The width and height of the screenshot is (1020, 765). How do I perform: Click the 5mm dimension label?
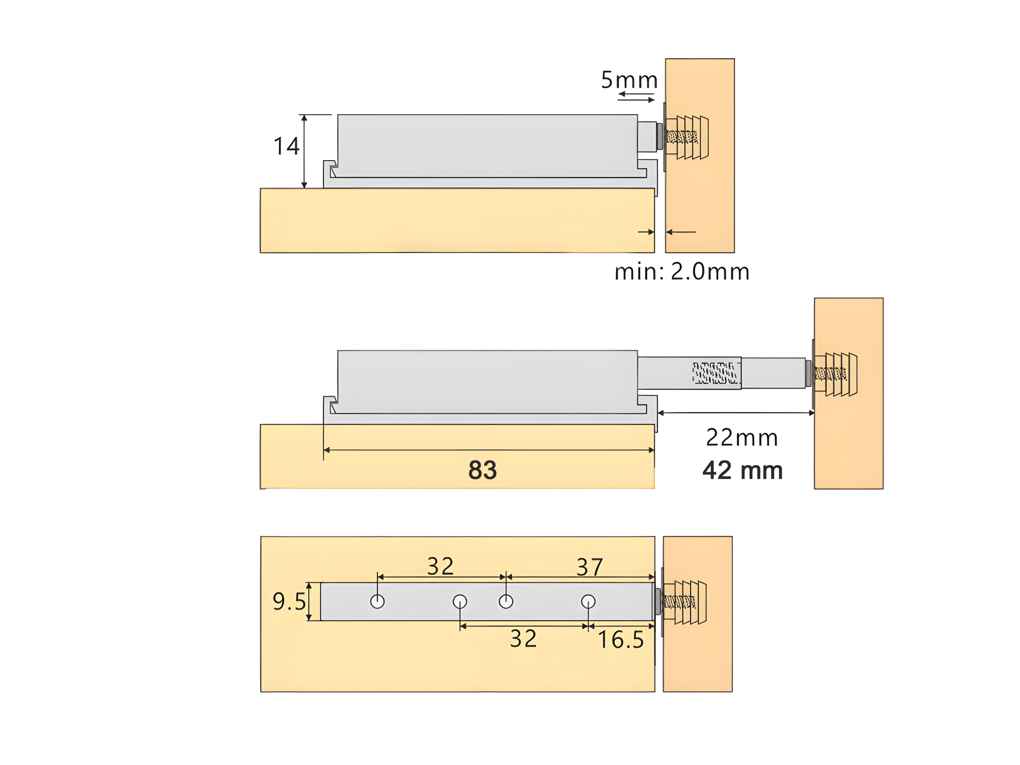point(629,80)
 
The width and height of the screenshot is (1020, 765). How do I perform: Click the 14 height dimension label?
point(286,146)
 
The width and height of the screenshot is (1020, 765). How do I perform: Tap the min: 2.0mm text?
point(682,271)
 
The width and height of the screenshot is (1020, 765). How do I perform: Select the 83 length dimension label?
point(482,470)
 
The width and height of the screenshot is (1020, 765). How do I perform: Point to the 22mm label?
point(742,438)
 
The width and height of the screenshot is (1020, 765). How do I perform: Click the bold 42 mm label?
point(743,470)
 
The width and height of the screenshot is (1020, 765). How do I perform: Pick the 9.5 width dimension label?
point(289,602)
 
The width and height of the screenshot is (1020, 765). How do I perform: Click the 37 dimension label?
point(590,567)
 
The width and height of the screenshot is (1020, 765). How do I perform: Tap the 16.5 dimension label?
point(621,640)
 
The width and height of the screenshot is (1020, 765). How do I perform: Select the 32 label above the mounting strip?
point(441,566)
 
